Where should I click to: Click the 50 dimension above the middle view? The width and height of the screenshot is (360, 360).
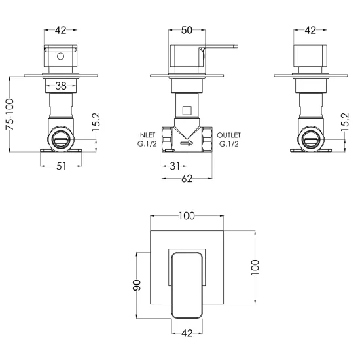(187, 30)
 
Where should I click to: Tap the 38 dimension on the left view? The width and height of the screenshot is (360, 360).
(61, 86)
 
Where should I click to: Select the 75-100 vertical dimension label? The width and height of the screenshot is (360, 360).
(10, 115)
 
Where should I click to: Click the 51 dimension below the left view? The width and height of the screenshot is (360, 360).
(61, 166)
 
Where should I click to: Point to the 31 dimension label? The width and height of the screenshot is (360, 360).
(175, 166)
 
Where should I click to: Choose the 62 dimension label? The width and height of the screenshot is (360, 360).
(187, 179)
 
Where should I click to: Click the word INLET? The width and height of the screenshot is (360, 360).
(147, 135)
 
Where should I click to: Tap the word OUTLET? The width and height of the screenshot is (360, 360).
(228, 135)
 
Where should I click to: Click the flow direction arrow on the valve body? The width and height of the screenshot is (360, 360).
(187, 143)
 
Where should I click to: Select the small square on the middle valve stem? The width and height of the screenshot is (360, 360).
(187, 111)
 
